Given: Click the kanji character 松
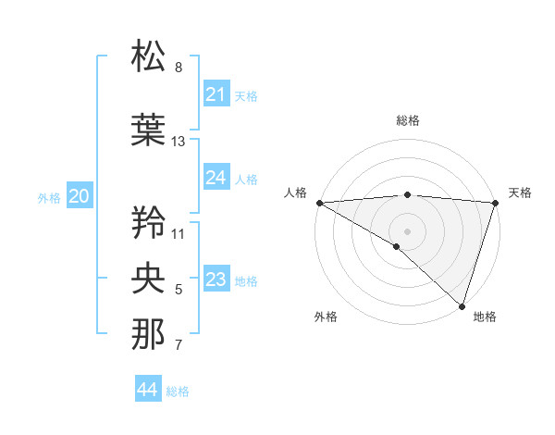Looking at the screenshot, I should click(x=149, y=56).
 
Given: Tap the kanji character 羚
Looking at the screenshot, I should click(x=149, y=222).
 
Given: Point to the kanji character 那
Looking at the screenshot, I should click(x=149, y=335).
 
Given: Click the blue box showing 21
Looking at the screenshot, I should click(x=216, y=94).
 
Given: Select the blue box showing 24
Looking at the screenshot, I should click(x=216, y=178).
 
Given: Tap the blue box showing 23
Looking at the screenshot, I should click(x=216, y=280).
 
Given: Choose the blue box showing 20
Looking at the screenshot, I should click(x=80, y=195).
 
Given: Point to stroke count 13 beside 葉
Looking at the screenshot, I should click(x=179, y=142).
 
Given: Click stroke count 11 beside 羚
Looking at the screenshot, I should click(x=179, y=233).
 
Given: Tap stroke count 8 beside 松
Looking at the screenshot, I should click(x=179, y=68).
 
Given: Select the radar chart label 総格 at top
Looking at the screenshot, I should click(x=407, y=120).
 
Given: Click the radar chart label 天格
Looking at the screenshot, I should click(x=521, y=193).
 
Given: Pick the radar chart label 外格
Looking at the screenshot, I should click(x=326, y=317).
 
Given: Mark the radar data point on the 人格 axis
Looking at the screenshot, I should click(x=319, y=203).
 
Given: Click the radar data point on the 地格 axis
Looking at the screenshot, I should click(x=462, y=305).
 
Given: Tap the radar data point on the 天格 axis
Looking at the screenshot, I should click(x=495, y=203).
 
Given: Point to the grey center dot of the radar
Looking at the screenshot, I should click(x=407, y=230).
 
